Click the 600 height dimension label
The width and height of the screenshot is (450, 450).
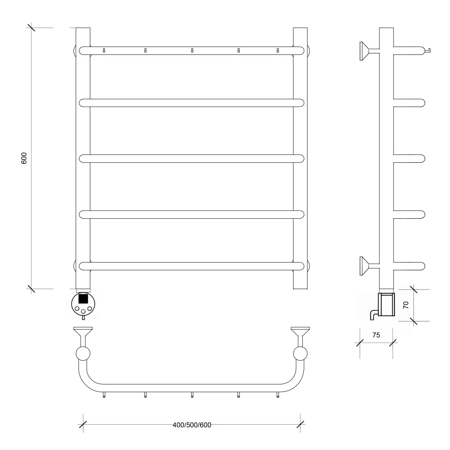click(24, 158)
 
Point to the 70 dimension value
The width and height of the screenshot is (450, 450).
click(406, 305)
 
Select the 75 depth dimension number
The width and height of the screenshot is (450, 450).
click(376, 335)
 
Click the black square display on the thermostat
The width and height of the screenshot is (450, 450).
click(83, 299)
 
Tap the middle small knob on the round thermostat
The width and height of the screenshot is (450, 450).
click(83, 311)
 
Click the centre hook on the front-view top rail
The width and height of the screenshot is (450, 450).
click(192, 50)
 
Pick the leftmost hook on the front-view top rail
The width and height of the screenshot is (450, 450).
click(104, 50)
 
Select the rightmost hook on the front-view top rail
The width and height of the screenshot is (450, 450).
click(278, 50)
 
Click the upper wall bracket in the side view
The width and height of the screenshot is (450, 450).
click(369, 51)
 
